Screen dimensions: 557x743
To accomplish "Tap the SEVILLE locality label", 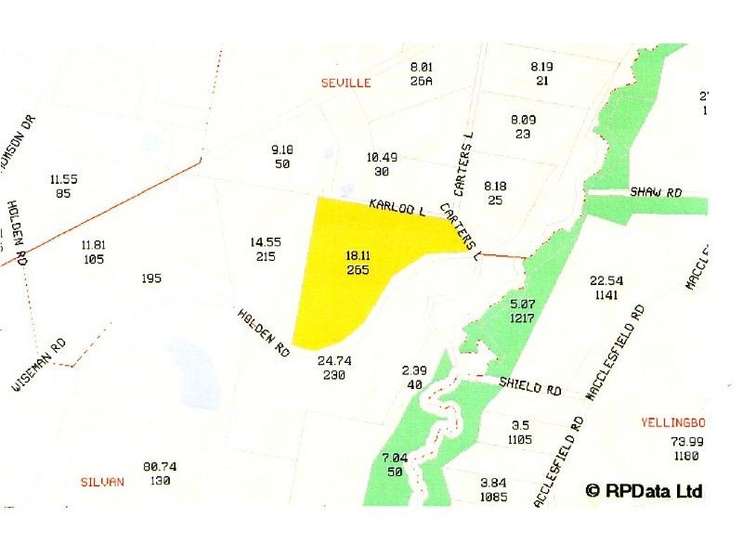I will click(345, 83).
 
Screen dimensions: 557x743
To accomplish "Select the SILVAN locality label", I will click(103, 482).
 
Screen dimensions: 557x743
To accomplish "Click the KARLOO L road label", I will click(397, 207).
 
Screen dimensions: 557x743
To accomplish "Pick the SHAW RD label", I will click(656, 192).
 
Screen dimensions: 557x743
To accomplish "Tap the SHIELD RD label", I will click(529, 386).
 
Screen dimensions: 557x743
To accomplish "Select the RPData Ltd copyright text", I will click(644, 490).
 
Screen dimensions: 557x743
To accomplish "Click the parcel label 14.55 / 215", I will click(265, 249).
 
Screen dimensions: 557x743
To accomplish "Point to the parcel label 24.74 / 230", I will click(331, 368).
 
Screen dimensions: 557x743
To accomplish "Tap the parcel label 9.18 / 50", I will click(281, 156).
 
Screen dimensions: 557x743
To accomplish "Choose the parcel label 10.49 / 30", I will click(382, 164).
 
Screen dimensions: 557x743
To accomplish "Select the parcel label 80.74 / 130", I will click(160, 473).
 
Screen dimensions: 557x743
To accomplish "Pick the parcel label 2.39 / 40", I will click(413, 377).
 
